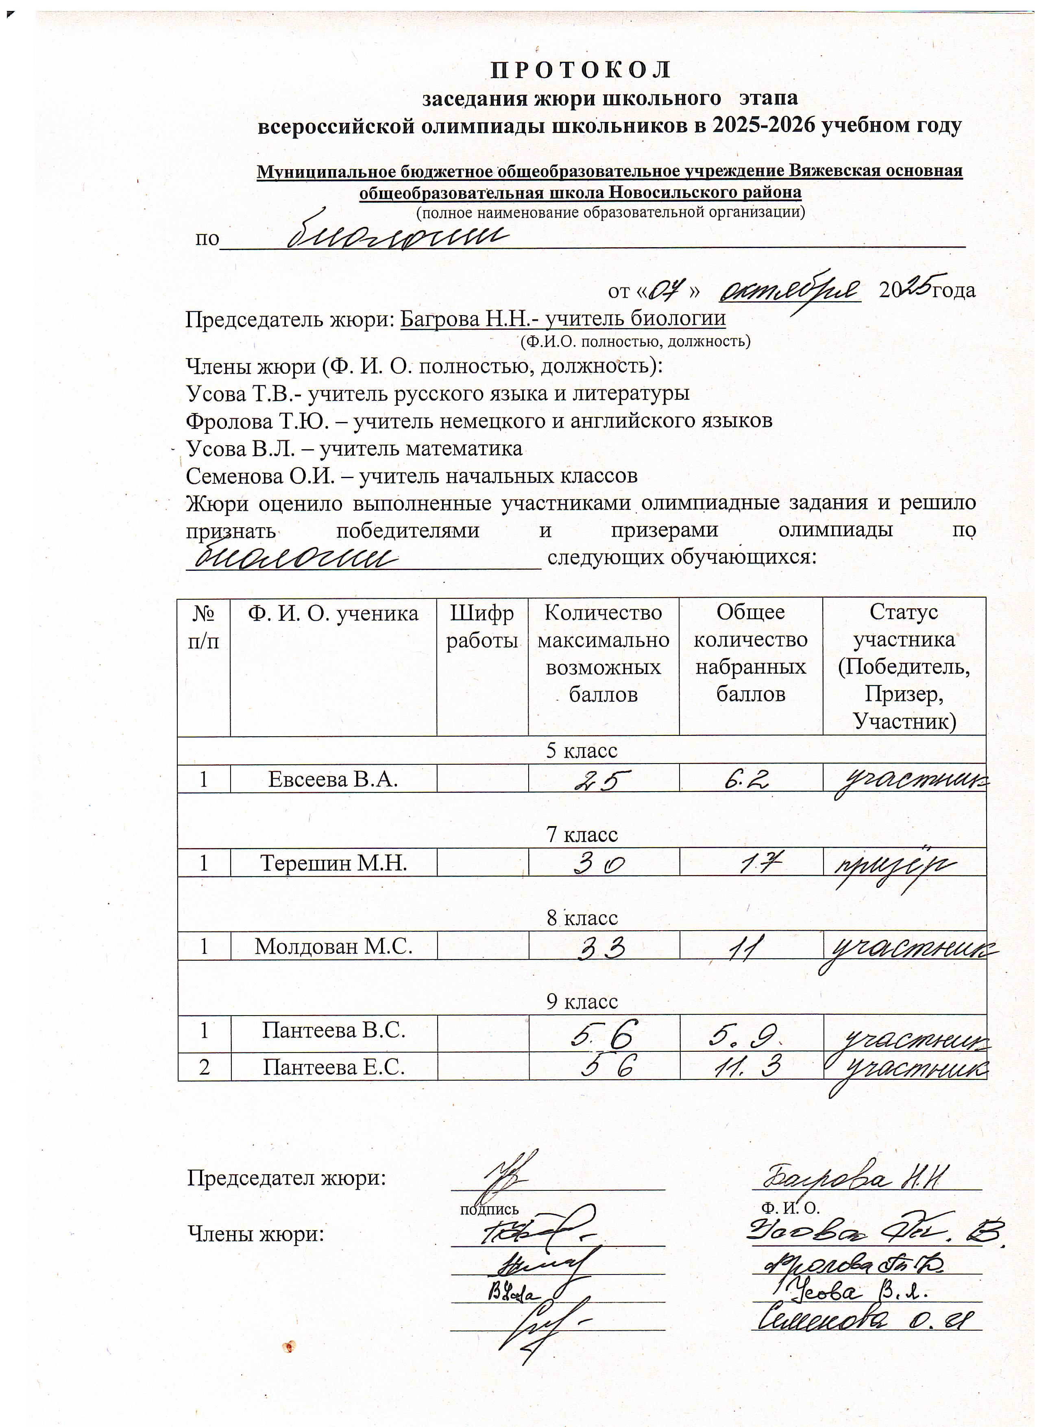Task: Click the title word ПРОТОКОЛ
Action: coord(581,70)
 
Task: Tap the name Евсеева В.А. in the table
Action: coord(333,779)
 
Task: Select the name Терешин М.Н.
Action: coord(333,863)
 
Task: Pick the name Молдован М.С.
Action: coord(333,946)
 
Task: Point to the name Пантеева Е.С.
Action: coord(333,1067)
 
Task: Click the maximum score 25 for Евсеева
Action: coord(603,780)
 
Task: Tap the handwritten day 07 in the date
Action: coord(665,289)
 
